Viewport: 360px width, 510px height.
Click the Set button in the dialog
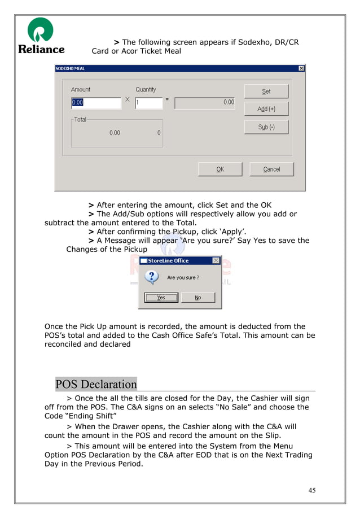click(x=266, y=91)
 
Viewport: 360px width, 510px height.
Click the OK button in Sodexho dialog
click(x=220, y=169)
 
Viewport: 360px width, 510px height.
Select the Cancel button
click(x=271, y=169)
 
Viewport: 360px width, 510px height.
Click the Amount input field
click(x=95, y=103)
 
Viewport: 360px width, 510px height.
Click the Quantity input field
click(x=148, y=103)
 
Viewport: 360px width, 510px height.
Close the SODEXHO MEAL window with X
click(x=301, y=68)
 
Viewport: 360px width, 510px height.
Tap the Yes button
click(x=161, y=298)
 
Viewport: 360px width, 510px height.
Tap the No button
click(x=198, y=298)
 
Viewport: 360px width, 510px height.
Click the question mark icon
click(x=151, y=277)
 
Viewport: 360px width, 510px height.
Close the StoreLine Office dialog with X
click(x=216, y=261)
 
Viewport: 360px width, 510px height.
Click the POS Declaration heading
click(x=96, y=385)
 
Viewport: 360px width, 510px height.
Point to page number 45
click(x=312, y=490)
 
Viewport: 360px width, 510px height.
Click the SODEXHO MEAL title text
click(x=70, y=68)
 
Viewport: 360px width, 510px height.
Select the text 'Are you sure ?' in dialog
click(x=183, y=278)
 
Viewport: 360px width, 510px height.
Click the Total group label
click(x=80, y=120)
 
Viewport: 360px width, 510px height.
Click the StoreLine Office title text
click(x=168, y=261)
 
